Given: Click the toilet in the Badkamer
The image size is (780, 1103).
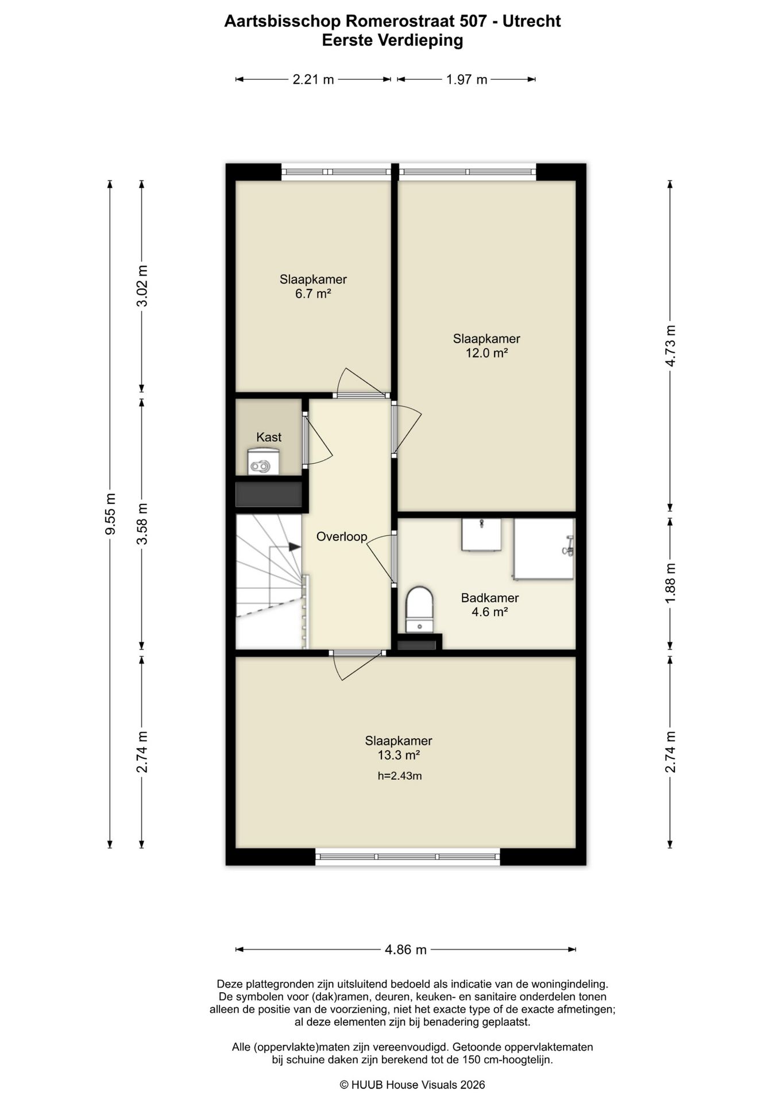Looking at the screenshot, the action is [x=419, y=610].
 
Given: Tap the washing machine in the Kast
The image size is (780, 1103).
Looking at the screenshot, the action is [x=263, y=462].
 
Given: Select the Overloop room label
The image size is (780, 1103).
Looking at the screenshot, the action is [x=342, y=537].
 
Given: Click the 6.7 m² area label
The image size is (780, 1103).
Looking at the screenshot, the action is [x=313, y=294].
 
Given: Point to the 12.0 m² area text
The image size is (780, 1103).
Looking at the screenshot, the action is [x=486, y=353].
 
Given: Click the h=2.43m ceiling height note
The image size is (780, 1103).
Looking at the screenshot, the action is [x=400, y=776].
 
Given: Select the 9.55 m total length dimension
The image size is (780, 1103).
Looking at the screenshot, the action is [x=110, y=514].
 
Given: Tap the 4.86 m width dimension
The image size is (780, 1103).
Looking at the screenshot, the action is [x=406, y=950].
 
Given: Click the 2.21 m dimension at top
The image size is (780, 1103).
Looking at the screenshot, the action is [x=313, y=79].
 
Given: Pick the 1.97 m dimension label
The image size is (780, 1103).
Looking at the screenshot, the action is [x=466, y=79].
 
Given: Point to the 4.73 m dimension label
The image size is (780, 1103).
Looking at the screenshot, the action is [x=670, y=346].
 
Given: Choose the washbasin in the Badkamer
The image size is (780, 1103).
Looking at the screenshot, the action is [x=481, y=534].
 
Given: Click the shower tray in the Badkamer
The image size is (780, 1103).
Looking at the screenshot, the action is [x=544, y=549].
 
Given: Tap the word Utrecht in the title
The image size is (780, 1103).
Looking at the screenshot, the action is [x=532, y=21].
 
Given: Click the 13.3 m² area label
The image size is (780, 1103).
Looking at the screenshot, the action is [x=399, y=755].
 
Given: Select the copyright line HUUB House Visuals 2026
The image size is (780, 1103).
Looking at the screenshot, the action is [x=412, y=1085].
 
